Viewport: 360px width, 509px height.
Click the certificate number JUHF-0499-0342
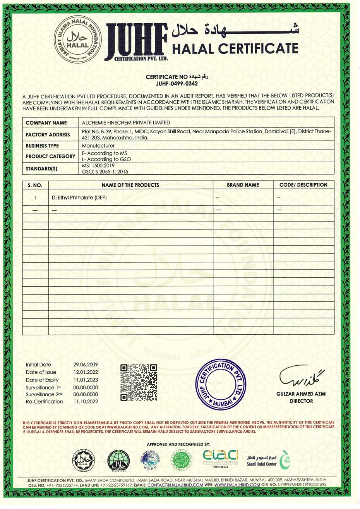click(177, 83)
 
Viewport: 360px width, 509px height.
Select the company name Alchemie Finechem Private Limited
click(126, 122)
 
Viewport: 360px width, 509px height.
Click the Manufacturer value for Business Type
click(98, 146)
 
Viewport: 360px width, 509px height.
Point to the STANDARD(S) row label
click(41, 169)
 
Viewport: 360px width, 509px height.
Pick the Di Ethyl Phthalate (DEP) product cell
click(79, 198)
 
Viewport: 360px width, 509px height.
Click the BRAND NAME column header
click(243, 185)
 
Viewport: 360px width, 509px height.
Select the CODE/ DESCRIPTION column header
click(303, 185)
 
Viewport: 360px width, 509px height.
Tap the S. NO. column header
click(35, 185)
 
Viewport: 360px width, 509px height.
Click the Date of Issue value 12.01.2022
click(86, 372)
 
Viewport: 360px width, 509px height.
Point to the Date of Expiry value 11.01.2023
click(86, 380)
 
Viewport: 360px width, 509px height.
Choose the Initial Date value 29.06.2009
click(86, 365)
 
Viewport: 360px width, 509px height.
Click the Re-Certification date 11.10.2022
click(86, 402)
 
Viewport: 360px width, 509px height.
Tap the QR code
click(139, 382)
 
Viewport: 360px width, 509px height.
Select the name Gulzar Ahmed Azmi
click(301, 394)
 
